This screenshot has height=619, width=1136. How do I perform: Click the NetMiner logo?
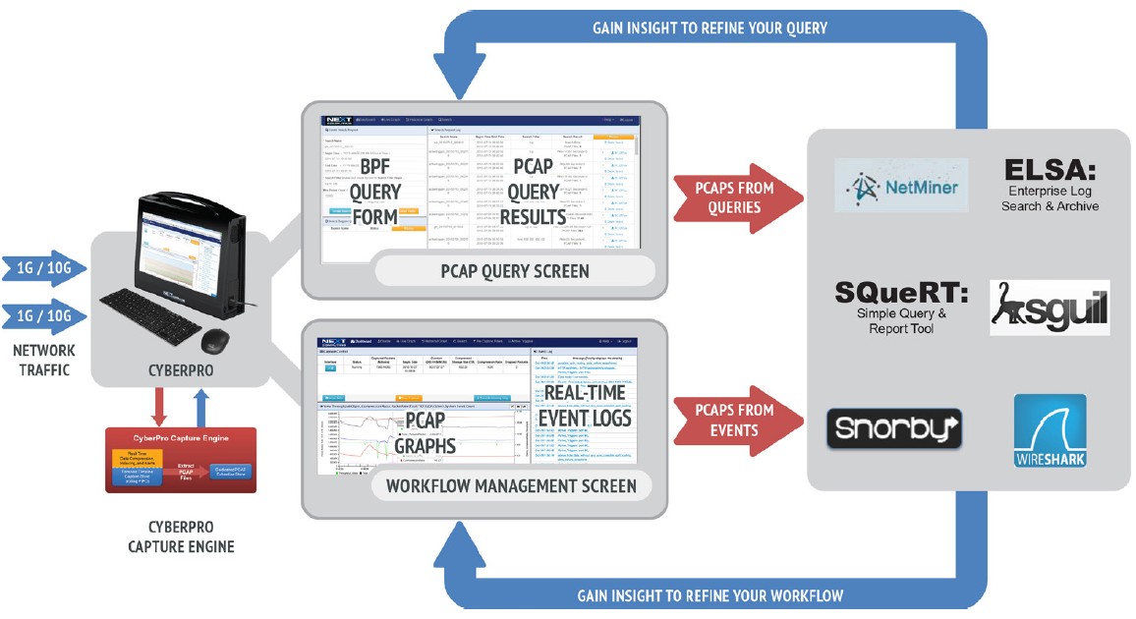887,185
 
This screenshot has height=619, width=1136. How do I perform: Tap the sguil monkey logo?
1049,308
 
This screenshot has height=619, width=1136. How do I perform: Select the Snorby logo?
893,428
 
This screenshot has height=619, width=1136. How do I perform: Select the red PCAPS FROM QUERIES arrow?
735,197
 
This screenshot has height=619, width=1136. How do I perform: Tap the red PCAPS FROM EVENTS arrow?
735,420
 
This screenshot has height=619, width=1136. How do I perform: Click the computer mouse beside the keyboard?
215,339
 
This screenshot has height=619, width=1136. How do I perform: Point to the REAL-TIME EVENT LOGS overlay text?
584,406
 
